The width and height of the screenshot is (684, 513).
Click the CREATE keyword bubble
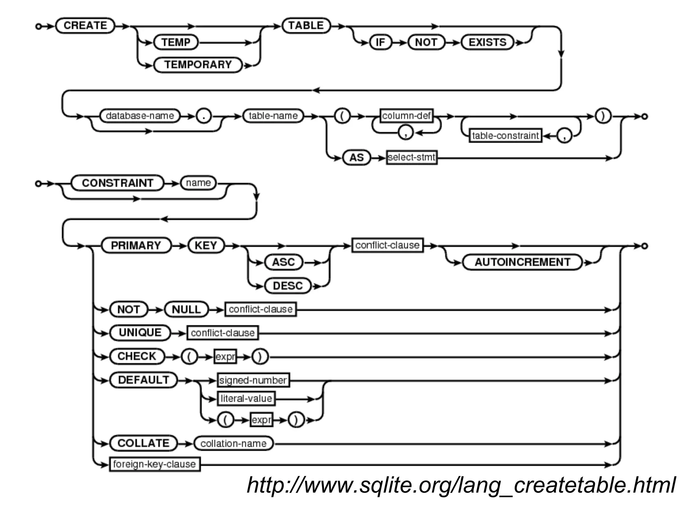tap(85, 26)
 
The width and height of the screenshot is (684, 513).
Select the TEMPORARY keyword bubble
tap(198, 64)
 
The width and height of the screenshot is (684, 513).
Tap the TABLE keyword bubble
tap(306, 26)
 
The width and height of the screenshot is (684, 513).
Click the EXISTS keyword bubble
tap(487, 42)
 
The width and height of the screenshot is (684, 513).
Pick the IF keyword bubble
tap(380, 42)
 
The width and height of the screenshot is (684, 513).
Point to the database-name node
tap(140, 116)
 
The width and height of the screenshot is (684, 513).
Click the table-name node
tap(273, 116)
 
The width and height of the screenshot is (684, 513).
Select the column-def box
tap(406, 116)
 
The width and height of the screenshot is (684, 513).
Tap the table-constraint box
tap(505, 136)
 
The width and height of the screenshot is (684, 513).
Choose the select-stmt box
tap(411, 157)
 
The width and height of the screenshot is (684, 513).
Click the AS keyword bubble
tap(356, 158)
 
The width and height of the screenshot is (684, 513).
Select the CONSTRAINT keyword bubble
tap(117, 183)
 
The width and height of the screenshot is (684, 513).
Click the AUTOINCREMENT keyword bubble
tap(522, 262)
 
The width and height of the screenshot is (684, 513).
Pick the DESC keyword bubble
tap(288, 286)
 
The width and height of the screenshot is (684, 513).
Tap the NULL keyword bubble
tap(186, 310)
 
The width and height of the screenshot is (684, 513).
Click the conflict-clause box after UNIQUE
tap(222, 333)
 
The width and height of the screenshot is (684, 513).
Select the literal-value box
tap(246, 398)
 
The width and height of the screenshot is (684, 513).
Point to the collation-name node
tap(233, 444)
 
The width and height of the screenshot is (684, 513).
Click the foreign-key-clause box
tap(155, 464)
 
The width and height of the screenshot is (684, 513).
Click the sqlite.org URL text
tap(461, 485)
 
